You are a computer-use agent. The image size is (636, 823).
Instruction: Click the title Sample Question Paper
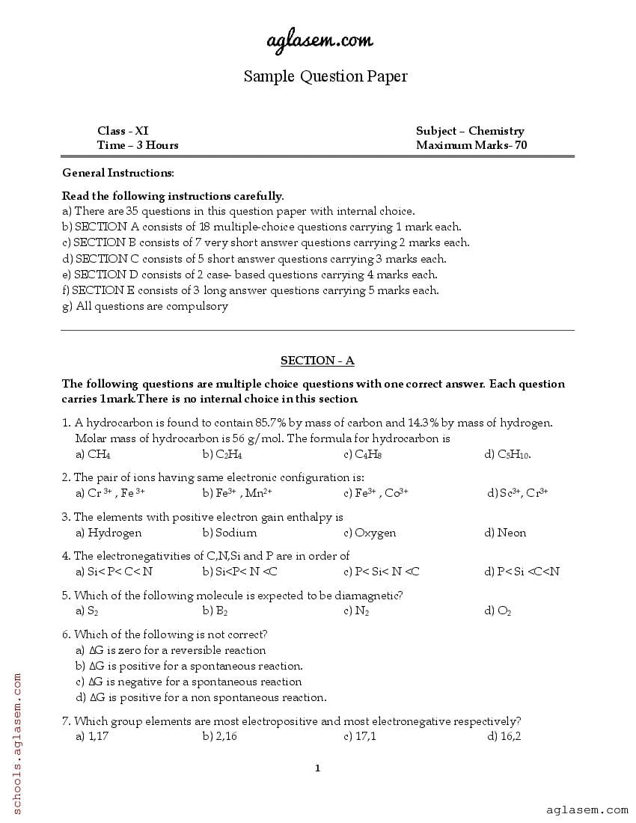point(325,76)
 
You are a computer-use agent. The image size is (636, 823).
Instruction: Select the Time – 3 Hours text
point(138,145)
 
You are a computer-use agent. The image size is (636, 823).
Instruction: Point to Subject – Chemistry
point(470,131)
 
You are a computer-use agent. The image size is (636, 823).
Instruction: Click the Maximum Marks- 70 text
point(471,145)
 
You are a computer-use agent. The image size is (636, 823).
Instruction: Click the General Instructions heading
point(117,173)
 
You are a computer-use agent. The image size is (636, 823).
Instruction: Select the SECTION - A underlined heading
point(317,361)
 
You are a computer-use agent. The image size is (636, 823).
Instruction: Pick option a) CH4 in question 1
point(94,454)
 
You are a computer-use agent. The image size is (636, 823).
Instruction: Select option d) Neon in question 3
point(506,533)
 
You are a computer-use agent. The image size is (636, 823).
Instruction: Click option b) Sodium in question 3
point(230,533)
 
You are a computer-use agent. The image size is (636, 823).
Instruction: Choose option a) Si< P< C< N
point(114,572)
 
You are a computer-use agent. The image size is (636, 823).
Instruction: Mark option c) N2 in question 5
point(357,611)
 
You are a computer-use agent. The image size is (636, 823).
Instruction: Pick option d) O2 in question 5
point(498,611)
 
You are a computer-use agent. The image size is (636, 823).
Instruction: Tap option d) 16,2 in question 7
point(504,736)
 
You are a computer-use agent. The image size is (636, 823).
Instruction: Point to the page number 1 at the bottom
point(318,768)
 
